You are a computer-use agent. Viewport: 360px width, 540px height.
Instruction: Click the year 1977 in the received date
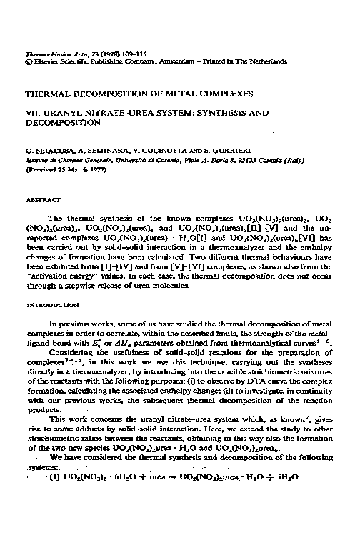[87, 170]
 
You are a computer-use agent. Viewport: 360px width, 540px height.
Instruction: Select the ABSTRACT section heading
[41, 201]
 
